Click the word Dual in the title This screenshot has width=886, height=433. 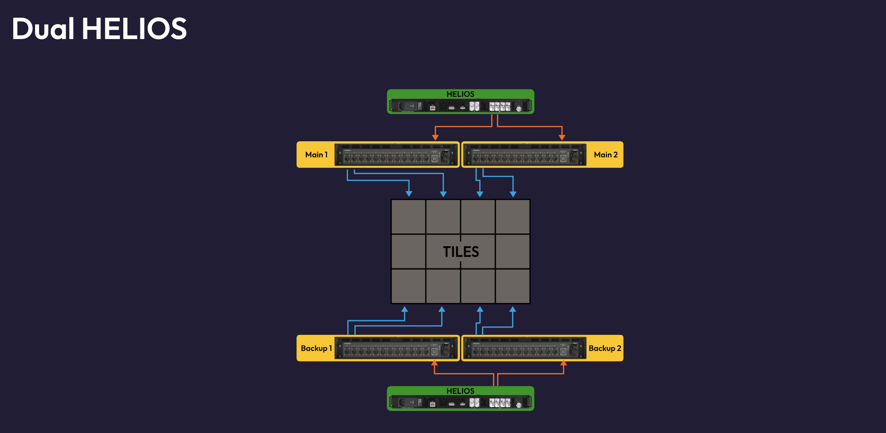click(43, 29)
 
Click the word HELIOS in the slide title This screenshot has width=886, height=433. click(134, 29)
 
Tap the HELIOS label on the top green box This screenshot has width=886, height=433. click(460, 94)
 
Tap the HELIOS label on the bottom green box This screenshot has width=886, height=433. click(460, 391)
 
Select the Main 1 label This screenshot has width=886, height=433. click(316, 155)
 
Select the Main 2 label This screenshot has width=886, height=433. click(606, 155)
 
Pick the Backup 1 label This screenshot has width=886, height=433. click(316, 348)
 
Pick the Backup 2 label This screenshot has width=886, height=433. click(605, 348)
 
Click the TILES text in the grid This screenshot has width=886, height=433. click(461, 252)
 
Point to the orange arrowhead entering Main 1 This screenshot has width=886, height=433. click(435, 137)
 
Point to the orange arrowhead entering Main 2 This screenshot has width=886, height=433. click(562, 137)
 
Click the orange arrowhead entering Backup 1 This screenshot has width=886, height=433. click(435, 363)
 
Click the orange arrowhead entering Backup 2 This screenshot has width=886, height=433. click(564, 363)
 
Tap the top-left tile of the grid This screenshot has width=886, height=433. click(408, 217)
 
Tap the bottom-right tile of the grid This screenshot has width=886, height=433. click(513, 286)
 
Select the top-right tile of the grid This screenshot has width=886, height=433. click(513, 217)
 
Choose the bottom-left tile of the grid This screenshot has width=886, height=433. click(408, 286)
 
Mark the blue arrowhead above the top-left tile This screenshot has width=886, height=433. click(409, 194)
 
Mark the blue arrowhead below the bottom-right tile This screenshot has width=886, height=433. click(513, 309)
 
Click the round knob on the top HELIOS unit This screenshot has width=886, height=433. click(519, 109)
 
